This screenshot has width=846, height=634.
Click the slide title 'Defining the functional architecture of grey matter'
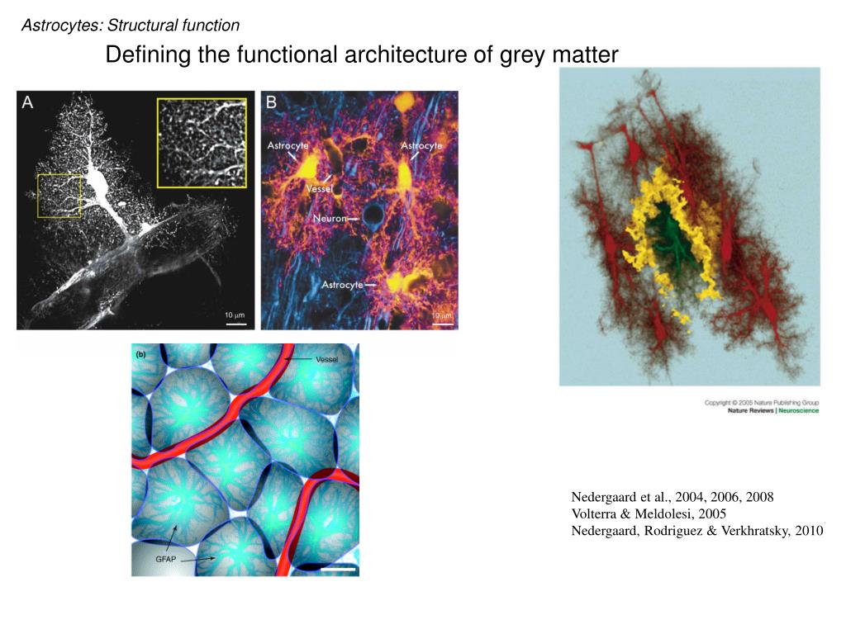point(362,55)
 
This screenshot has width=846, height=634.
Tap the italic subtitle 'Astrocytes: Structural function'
point(131,26)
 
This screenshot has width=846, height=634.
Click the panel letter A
point(28,103)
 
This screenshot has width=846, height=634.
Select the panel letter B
point(271,102)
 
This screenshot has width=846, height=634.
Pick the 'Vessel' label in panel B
point(320,188)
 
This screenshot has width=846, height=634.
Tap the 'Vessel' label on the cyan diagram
point(326,359)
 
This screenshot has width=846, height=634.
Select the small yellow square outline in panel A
point(59,196)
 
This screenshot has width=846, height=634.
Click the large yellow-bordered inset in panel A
point(202,143)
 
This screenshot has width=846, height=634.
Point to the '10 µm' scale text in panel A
point(235,315)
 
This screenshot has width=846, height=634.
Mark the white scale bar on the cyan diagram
point(339,569)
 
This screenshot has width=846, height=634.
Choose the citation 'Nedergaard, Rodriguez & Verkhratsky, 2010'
point(696,531)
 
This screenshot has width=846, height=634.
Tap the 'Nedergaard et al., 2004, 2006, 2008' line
point(672,497)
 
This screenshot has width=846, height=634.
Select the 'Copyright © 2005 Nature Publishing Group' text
point(761,402)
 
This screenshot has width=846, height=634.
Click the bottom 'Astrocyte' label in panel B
point(342,285)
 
